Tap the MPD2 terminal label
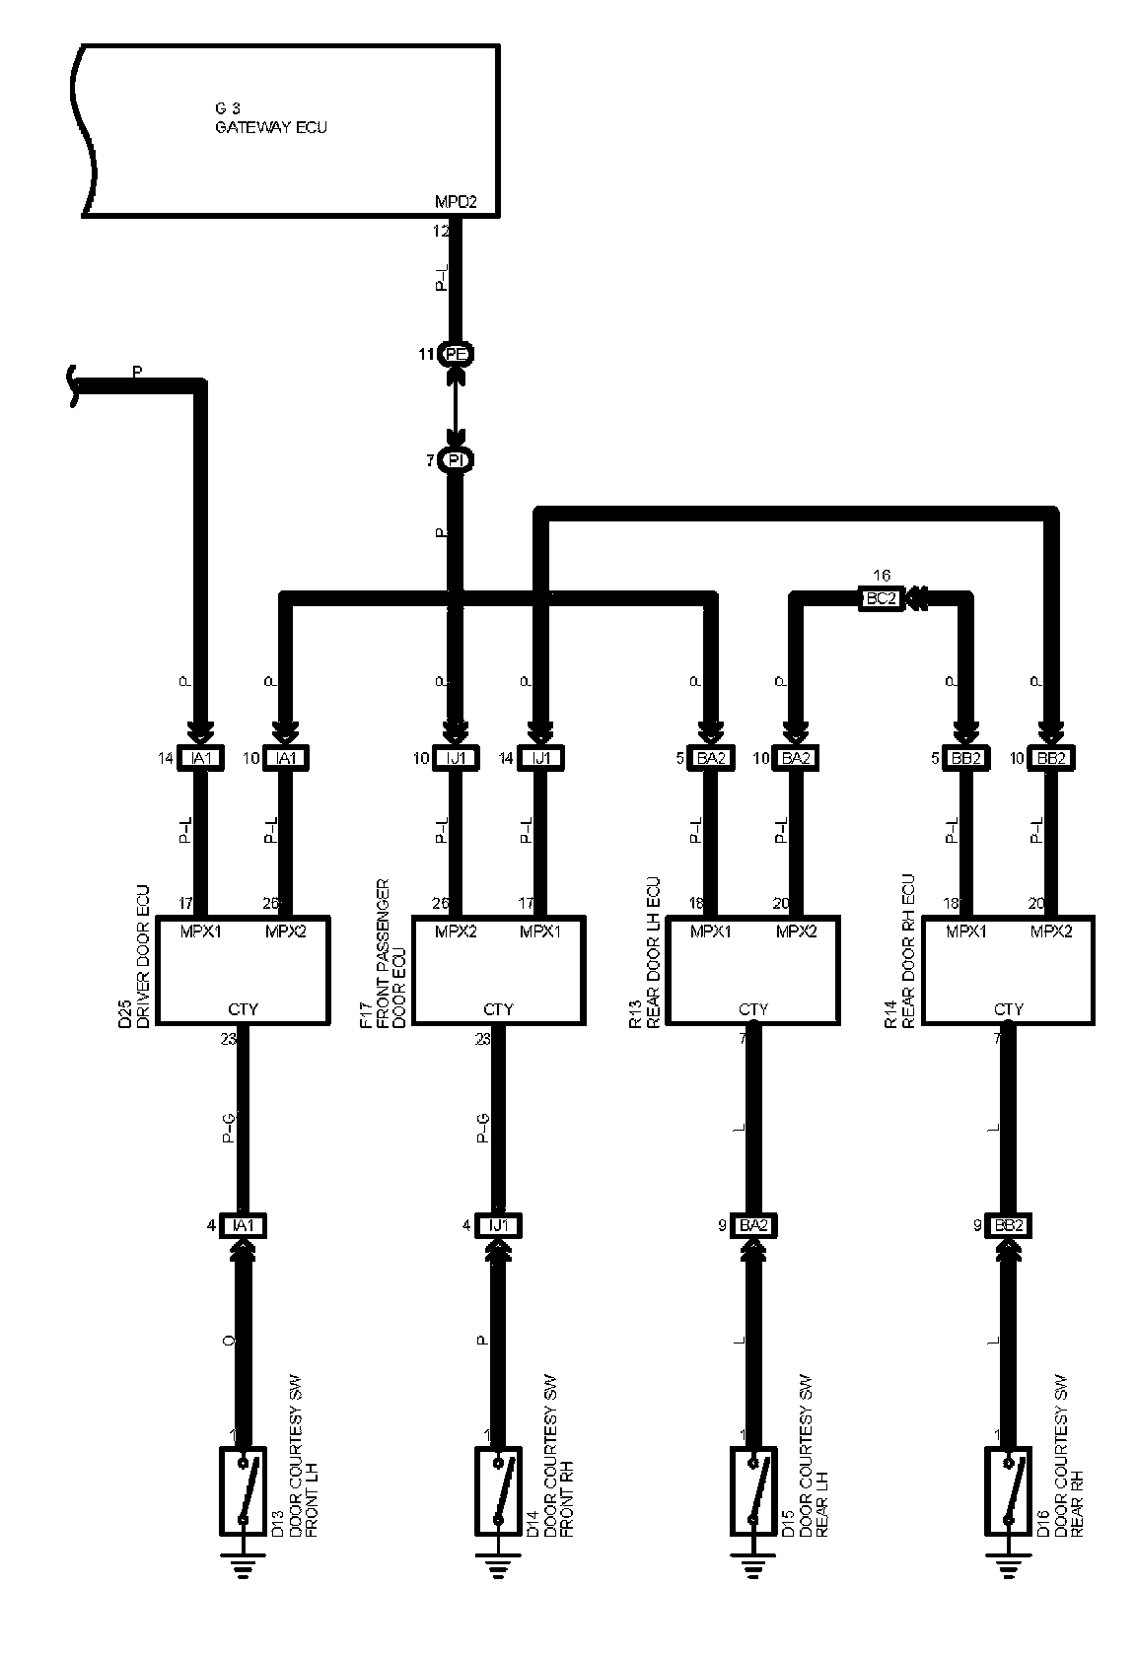[x=456, y=202]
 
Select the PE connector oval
[x=456, y=354]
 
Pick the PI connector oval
[x=456, y=460]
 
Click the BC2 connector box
[x=881, y=598]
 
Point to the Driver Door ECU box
[x=243, y=971]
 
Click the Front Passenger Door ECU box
[x=498, y=971]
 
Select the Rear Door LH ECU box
[x=753, y=971]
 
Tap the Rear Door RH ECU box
[x=1008, y=971]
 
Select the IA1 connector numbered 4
[x=243, y=1225]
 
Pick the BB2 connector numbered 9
[x=1008, y=1225]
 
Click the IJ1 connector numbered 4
[x=498, y=1225]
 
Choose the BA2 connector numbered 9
[x=753, y=1225]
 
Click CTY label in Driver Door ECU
[x=243, y=1009]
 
